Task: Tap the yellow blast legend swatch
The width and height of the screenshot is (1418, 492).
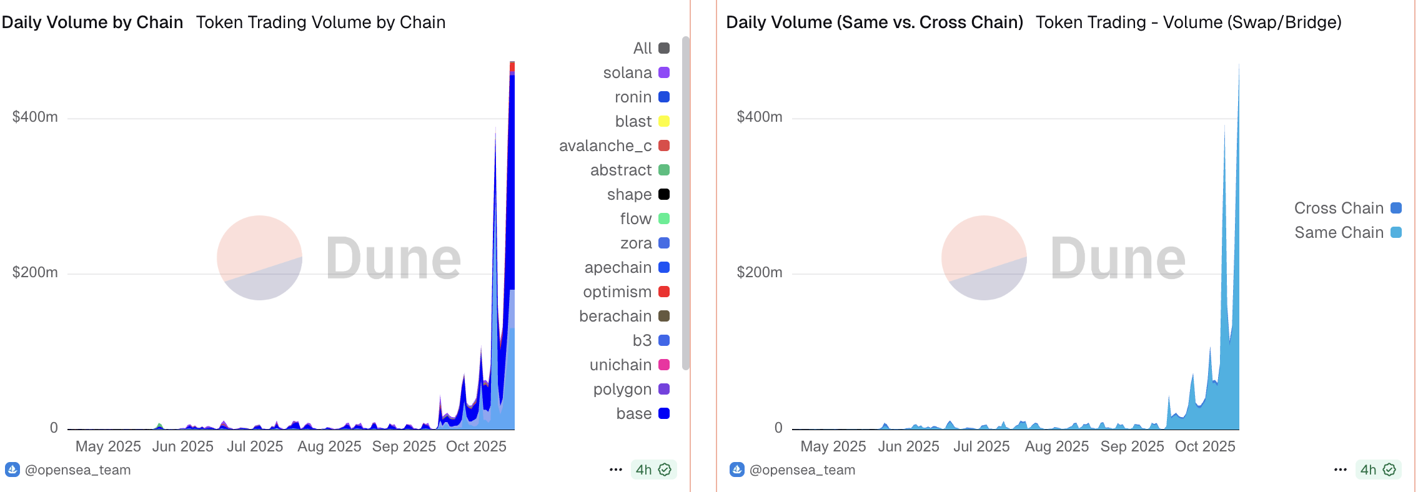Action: (664, 121)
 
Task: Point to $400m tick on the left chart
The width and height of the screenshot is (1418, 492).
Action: (35, 117)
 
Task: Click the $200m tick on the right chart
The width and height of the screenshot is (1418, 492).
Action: (759, 273)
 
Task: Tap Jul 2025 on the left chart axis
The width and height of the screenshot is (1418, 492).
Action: (255, 447)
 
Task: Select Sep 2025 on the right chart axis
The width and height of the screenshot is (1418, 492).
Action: (1132, 447)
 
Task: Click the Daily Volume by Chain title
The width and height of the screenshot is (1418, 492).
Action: (92, 22)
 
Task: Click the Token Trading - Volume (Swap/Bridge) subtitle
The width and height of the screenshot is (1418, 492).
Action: (1188, 22)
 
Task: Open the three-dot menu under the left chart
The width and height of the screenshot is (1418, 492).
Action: (615, 470)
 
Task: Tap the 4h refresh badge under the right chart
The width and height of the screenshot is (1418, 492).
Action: (1377, 470)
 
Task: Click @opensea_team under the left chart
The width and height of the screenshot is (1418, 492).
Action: (77, 470)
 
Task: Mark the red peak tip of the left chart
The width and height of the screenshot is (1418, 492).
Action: (512, 63)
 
